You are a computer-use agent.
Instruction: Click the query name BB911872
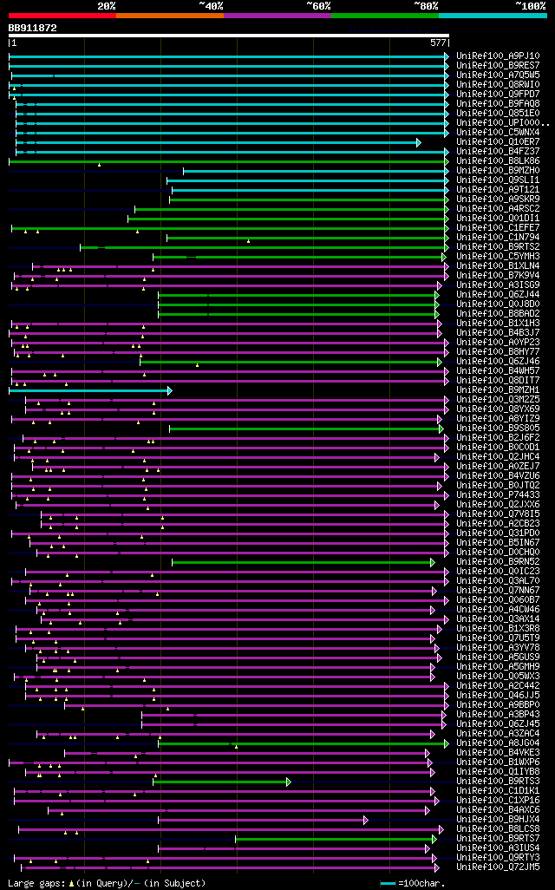[x=32, y=28]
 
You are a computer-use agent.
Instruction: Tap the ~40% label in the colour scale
[x=211, y=5]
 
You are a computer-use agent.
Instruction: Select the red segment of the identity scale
[x=62, y=16]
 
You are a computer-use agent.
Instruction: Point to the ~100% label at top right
[x=530, y=5]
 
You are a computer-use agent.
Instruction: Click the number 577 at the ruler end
[x=438, y=43]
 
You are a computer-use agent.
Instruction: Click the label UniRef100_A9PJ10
[x=498, y=56]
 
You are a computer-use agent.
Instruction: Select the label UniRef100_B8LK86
[x=498, y=160]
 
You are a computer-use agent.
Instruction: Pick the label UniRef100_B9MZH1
[x=498, y=390]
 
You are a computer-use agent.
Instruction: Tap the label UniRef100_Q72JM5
[x=498, y=867]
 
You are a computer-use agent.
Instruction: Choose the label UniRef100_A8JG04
[x=498, y=743]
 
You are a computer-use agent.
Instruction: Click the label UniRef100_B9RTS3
[x=498, y=781]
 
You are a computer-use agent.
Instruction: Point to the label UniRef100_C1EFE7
[x=498, y=227]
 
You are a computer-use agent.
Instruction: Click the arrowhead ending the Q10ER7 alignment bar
[x=419, y=142]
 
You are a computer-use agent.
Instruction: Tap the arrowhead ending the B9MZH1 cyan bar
[x=170, y=390]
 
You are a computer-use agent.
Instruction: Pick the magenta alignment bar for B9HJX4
[x=260, y=820]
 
